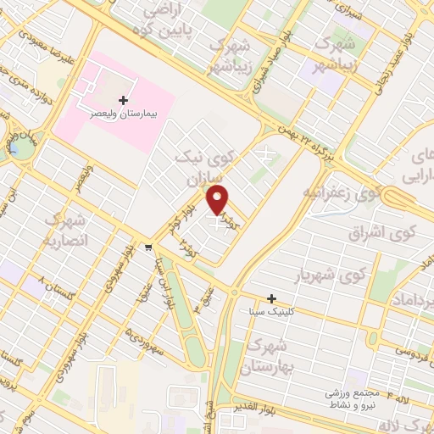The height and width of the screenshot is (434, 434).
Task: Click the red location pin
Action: pyautogui.click(x=219, y=199)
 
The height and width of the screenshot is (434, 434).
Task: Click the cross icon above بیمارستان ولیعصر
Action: pyautogui.click(x=124, y=99)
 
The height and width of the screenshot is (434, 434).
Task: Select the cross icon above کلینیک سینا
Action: pyautogui.click(x=271, y=298)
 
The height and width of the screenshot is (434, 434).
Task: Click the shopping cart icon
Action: pyautogui.click(x=148, y=248)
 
